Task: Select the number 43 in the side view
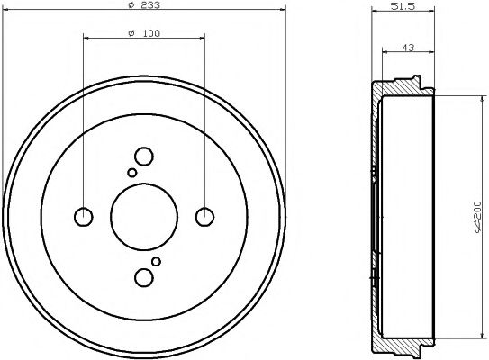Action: coord(409,48)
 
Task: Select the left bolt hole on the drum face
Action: coord(83,216)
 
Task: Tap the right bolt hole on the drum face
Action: coord(205,216)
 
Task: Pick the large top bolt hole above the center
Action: coord(143,156)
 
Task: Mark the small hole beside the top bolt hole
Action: coord(132,172)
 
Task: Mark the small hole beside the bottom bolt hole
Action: coord(156,261)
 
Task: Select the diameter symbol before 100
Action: coord(131,33)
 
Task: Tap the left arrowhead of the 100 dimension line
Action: coord(86,39)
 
